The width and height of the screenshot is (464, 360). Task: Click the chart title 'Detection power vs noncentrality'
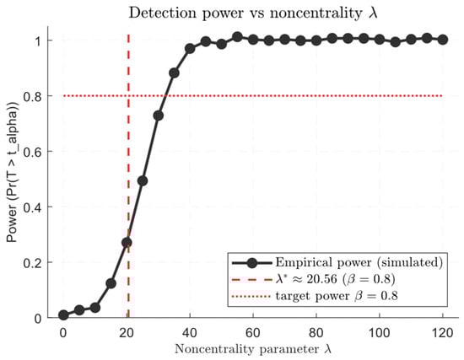(x=252, y=13)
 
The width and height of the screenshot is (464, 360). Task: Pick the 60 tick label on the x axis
(x=253, y=330)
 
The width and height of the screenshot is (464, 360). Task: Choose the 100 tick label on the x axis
(x=380, y=330)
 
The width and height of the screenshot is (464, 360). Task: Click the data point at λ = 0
(x=63, y=314)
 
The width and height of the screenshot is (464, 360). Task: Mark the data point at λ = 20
(x=127, y=242)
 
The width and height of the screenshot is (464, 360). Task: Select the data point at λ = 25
(x=143, y=180)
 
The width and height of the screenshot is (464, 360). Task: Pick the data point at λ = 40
(x=190, y=49)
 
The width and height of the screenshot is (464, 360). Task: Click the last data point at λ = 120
(x=443, y=39)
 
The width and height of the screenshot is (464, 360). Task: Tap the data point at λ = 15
(x=111, y=283)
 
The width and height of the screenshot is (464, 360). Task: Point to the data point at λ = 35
(x=174, y=73)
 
